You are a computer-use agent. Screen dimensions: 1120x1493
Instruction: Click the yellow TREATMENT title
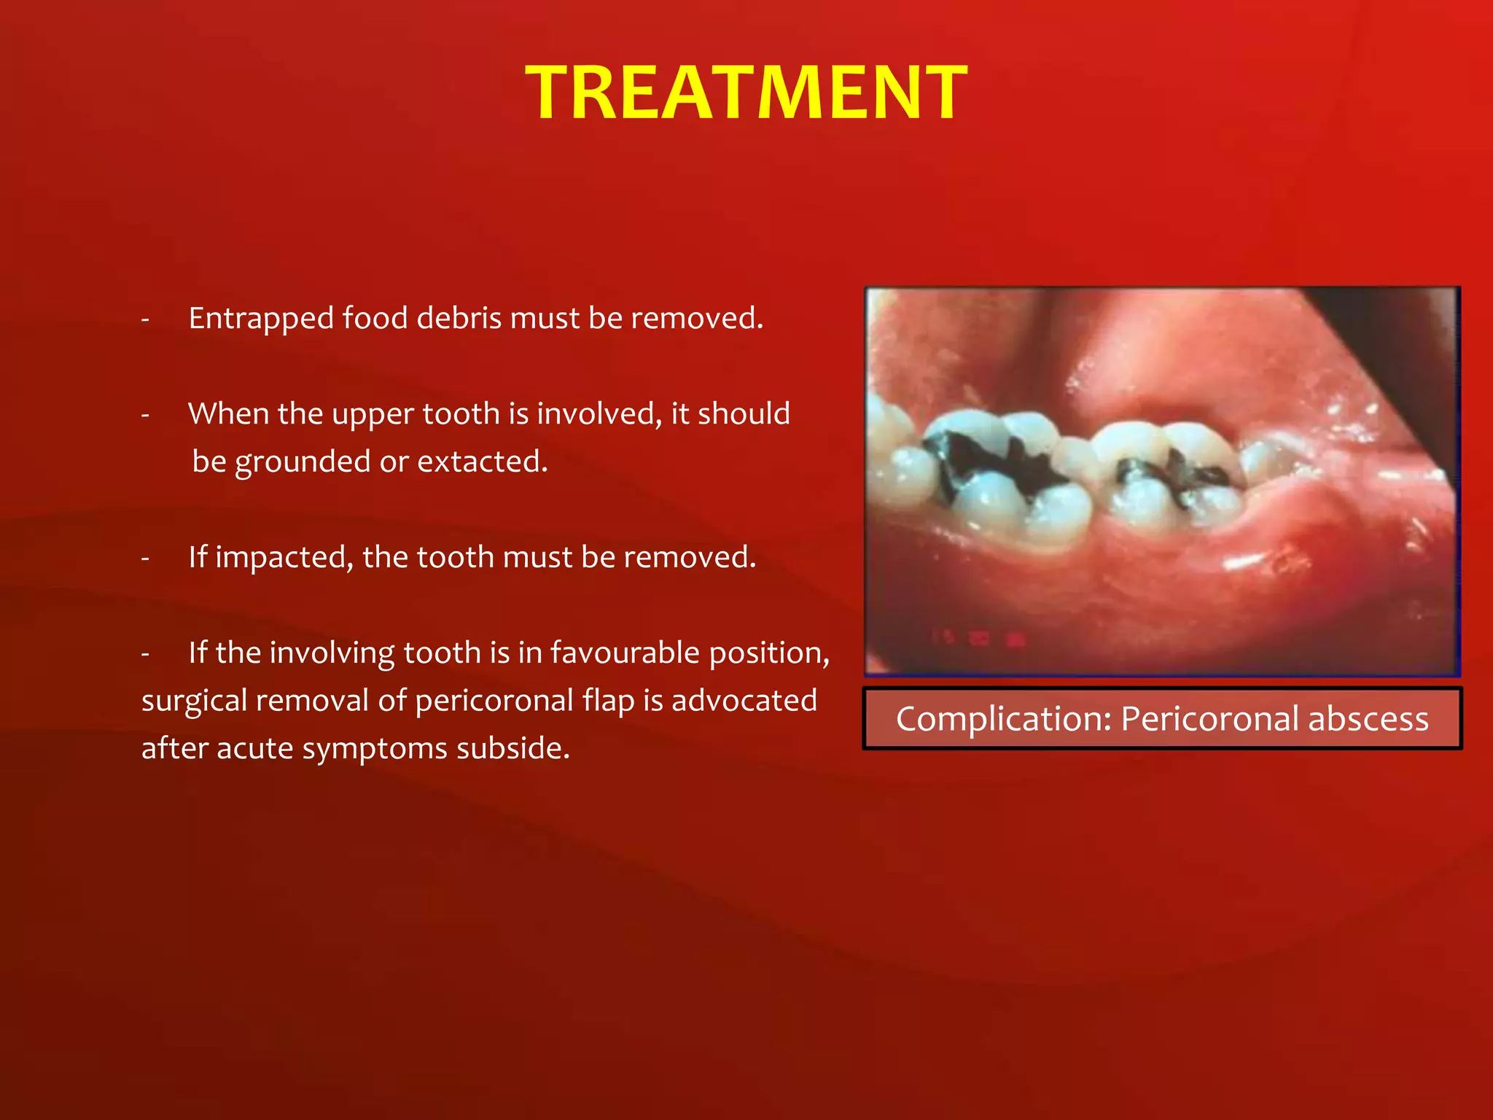746,93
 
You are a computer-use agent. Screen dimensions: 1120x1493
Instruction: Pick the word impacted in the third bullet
284,558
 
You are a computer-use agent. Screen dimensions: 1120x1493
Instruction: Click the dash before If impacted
145,559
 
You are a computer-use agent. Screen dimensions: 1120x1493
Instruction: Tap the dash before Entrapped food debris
145,320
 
